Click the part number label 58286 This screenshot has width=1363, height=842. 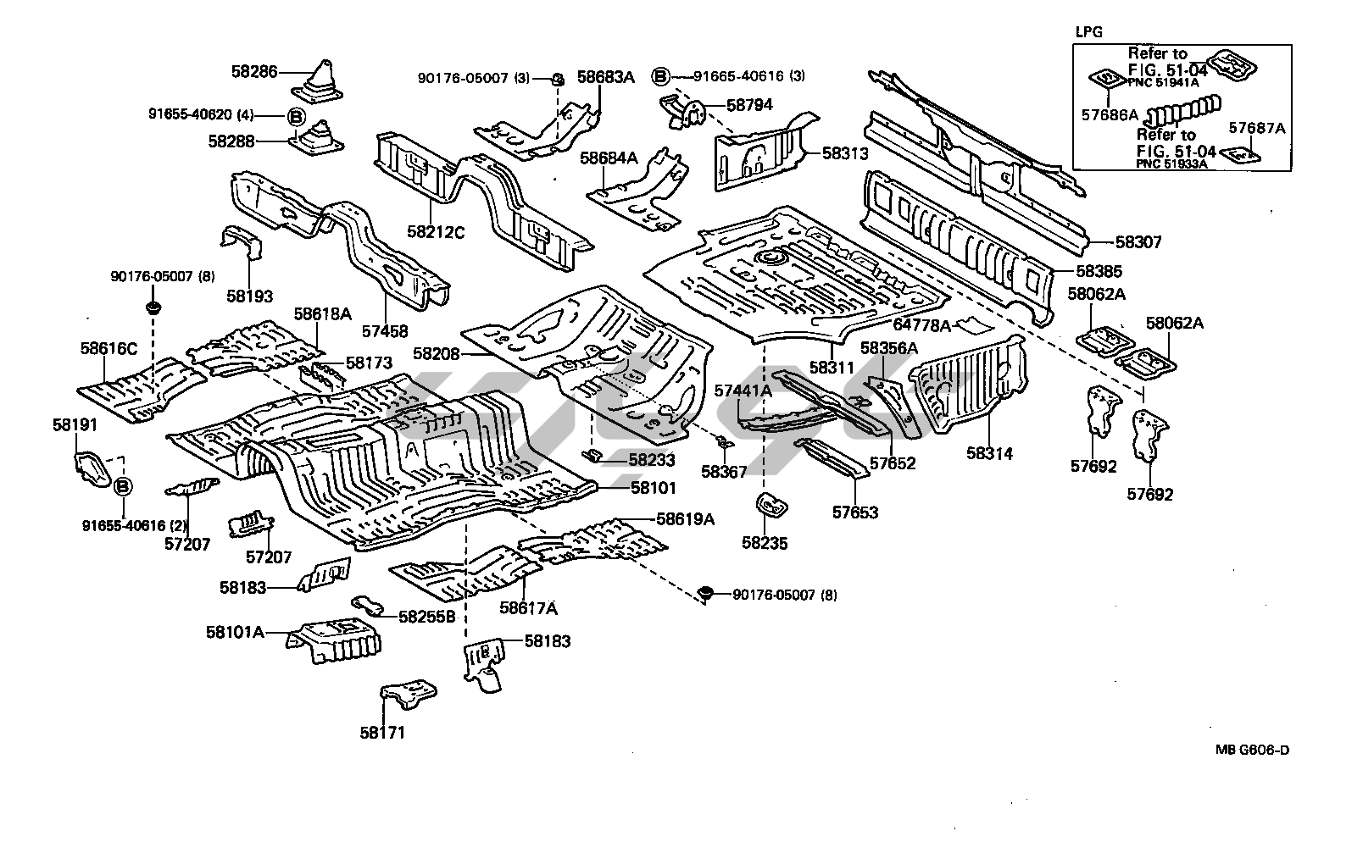[x=253, y=73]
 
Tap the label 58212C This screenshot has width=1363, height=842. [x=436, y=230]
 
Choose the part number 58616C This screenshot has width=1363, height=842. [x=108, y=348]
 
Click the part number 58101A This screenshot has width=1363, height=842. [x=235, y=632]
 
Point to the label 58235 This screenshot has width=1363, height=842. [x=765, y=543]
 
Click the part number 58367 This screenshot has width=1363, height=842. [x=723, y=470]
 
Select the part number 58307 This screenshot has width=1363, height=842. [x=1138, y=242]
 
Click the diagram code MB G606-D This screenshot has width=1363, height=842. [x=1254, y=749]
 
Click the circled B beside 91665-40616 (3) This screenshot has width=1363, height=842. [x=660, y=76]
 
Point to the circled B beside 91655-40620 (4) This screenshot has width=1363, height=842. [x=296, y=116]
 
